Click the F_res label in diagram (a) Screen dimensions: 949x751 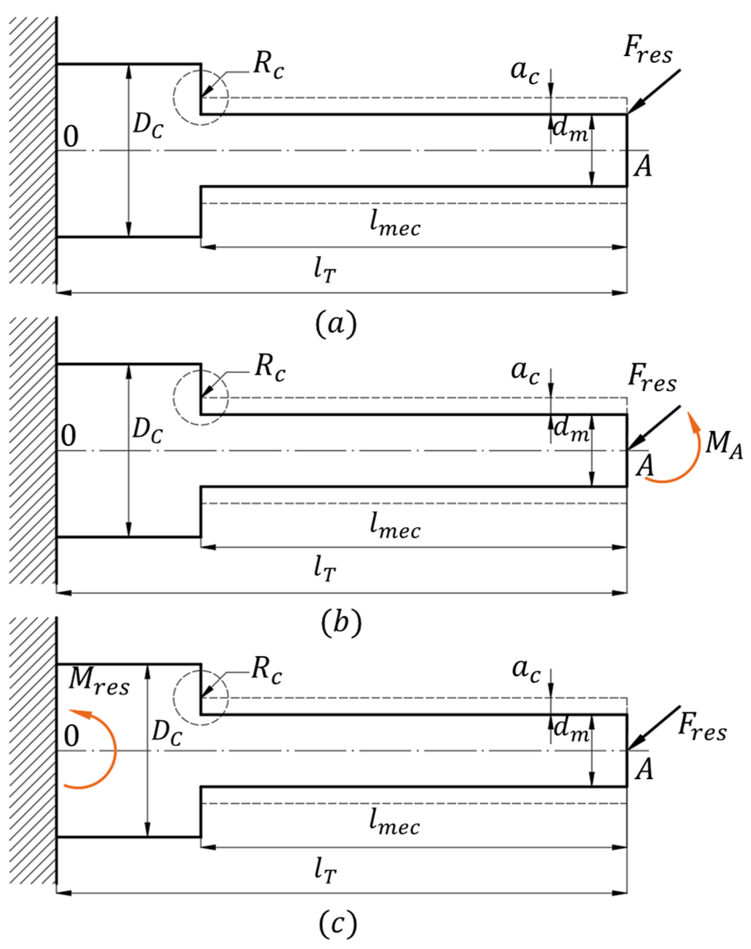point(648,53)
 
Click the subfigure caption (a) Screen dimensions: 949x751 point(336,325)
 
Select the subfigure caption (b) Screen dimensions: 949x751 point(341,624)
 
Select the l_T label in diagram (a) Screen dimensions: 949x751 point(325,271)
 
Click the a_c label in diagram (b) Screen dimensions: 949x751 point(525,372)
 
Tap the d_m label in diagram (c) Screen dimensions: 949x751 point(570,730)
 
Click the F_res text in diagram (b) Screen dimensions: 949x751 point(652,379)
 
